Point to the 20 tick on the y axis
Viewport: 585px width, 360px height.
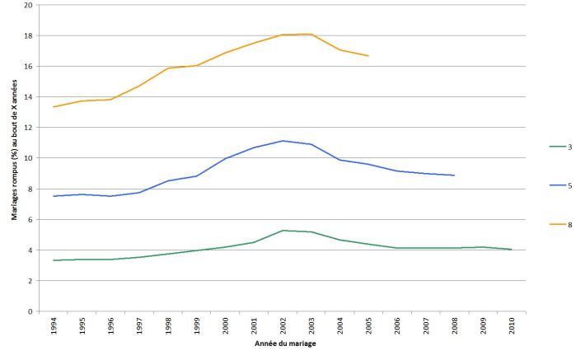click(29, 5)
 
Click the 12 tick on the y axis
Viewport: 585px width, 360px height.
click(29, 128)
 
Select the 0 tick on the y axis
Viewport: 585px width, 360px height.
click(31, 311)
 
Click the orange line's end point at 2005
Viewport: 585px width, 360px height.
click(368, 56)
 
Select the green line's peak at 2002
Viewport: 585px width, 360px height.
click(283, 231)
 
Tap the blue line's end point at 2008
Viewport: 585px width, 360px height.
click(454, 175)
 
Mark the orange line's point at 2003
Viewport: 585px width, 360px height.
click(311, 34)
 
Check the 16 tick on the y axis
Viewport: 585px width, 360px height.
click(29, 66)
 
